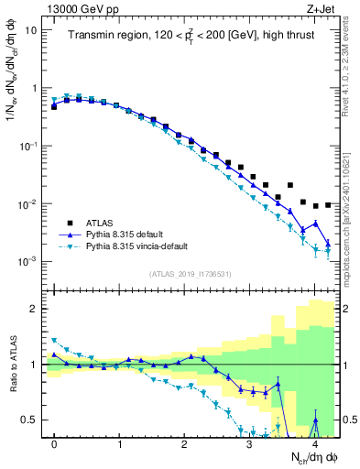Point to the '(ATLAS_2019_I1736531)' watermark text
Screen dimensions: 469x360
190,274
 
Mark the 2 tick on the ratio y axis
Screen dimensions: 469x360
34,309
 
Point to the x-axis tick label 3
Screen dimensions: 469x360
250,443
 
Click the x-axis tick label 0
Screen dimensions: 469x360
55,443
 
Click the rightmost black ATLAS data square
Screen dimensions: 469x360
328,204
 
